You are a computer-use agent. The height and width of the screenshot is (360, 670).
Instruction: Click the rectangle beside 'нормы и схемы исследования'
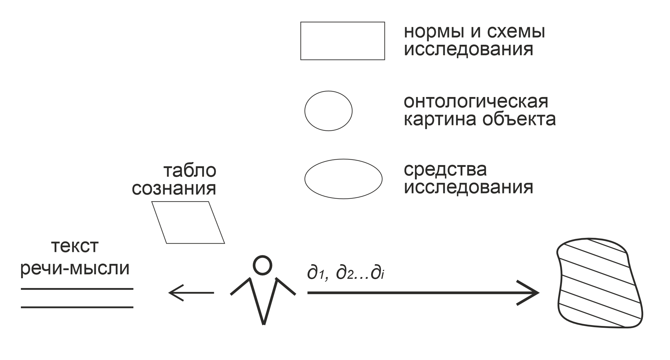coord(342,41)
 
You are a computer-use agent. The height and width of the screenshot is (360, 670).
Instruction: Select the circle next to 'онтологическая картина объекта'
coord(328,111)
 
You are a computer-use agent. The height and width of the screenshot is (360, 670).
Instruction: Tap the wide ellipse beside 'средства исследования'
coord(343,179)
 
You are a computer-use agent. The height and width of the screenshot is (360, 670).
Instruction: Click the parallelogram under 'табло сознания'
coord(188,222)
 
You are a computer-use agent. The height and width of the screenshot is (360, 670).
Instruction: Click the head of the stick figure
coord(262,265)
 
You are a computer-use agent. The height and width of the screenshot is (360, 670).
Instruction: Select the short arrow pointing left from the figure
coord(191,293)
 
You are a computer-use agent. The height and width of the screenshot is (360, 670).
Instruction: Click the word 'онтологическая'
coord(476,101)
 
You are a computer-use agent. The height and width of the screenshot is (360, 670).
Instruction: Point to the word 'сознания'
coord(174,189)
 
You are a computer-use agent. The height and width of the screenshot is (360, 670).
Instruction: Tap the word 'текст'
coord(75,247)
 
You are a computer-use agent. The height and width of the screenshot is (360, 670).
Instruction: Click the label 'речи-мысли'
coord(75,269)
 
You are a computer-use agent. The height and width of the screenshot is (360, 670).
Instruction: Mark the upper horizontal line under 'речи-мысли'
coord(77,289)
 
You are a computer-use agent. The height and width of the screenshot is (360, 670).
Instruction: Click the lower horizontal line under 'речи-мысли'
coord(77,307)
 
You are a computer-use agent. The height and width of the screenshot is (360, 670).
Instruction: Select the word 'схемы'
coord(516,32)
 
